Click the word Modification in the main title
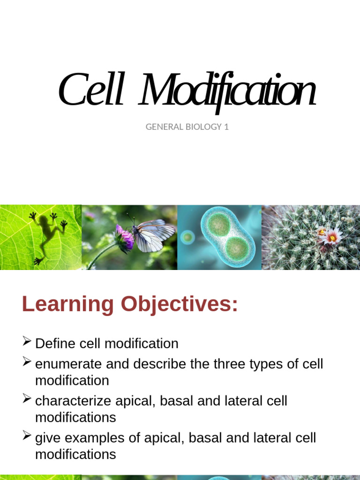[x=228, y=91]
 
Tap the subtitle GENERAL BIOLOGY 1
[x=187, y=127]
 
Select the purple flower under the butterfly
[x=125, y=239]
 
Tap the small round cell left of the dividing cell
[x=187, y=237]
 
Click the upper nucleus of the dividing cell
[x=218, y=225]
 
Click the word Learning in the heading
[x=68, y=305]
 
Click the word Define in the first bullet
[x=55, y=344]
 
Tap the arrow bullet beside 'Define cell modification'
[x=27, y=341]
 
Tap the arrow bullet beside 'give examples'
[x=27, y=436]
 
